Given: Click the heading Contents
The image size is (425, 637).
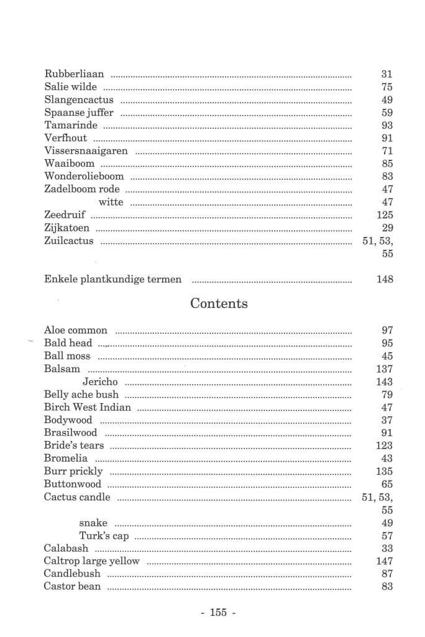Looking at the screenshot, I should pyautogui.click(x=219, y=304).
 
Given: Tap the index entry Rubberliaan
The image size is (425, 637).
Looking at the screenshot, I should pyautogui.click(x=74, y=74).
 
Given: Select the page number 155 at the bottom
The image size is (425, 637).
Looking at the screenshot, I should pyautogui.click(x=218, y=612).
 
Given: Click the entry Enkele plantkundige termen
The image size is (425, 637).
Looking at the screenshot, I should pyautogui.click(x=113, y=279).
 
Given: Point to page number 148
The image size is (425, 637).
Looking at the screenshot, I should pyautogui.click(x=385, y=279).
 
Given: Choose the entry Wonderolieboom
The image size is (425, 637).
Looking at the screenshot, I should pyautogui.click(x=84, y=177).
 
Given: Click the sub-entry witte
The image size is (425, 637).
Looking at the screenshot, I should pyautogui.click(x=111, y=202).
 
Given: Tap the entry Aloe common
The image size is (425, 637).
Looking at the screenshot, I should pyautogui.click(x=76, y=330).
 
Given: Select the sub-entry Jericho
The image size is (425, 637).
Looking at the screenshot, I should pyautogui.click(x=100, y=382).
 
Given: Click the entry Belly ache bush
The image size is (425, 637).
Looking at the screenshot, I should pyautogui.click(x=81, y=394).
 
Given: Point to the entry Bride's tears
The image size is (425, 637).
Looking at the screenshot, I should pyautogui.click(x=74, y=445).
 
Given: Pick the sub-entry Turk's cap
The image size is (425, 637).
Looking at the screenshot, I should pyautogui.click(x=104, y=536).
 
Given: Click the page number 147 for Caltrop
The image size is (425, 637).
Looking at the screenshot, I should pyautogui.click(x=385, y=561).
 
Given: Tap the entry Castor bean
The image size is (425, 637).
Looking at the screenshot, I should pyautogui.click(x=72, y=587).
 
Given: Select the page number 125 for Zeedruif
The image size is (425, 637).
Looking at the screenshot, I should pyautogui.click(x=385, y=215).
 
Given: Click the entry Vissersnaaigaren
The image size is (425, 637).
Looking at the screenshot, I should pyautogui.click(x=86, y=151).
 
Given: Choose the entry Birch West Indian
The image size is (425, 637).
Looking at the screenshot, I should pyautogui.click(x=88, y=407).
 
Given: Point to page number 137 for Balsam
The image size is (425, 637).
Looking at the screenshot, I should pyautogui.click(x=385, y=369).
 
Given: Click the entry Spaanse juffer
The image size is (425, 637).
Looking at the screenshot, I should pyautogui.click(x=79, y=113).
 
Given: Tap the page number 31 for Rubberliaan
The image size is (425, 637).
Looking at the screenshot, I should pyautogui.click(x=387, y=74).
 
